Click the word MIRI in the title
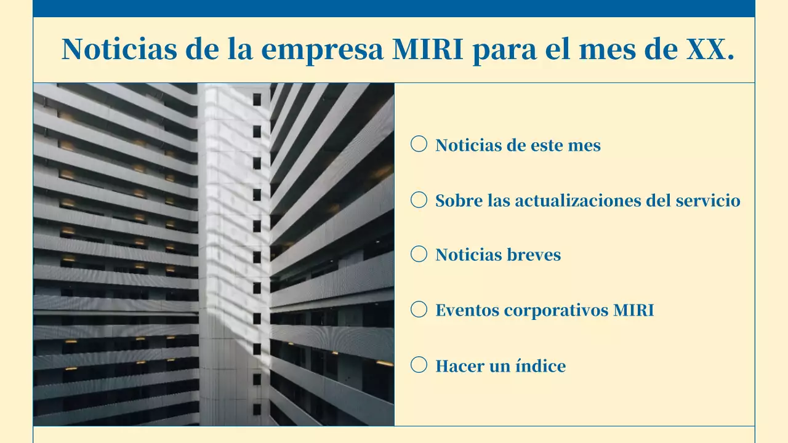pyautogui.click(x=428, y=49)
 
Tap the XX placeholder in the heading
pyautogui.click(x=710, y=49)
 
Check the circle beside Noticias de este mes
pyautogui.click(x=419, y=144)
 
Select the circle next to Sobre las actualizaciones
pyautogui.click(x=419, y=199)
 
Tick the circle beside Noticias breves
pyautogui.click(x=419, y=254)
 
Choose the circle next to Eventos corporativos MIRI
pyautogui.click(x=419, y=309)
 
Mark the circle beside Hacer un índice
pyautogui.click(x=419, y=365)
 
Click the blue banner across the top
pyautogui.click(x=394, y=8)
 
